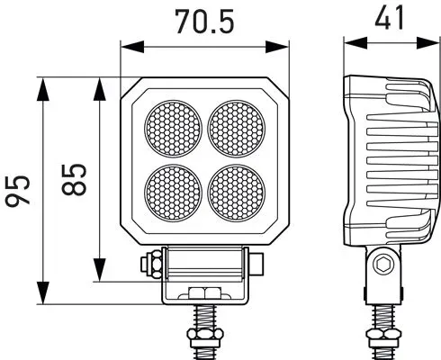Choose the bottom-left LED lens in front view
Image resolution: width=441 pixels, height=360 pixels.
tap(174, 191)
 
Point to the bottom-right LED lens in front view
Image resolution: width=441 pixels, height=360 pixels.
tap(237, 191)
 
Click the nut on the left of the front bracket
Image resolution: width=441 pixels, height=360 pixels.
tap(154, 265)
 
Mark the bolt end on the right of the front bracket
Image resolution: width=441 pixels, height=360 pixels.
tap(258, 265)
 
